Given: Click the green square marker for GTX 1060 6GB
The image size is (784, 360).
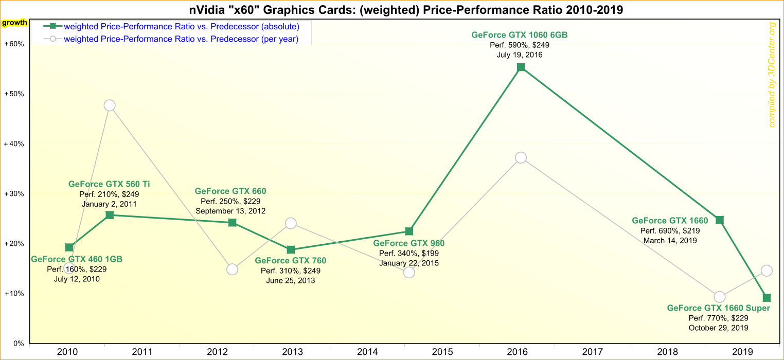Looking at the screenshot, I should (521, 67).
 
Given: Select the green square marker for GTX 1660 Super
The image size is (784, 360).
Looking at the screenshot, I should (767, 298).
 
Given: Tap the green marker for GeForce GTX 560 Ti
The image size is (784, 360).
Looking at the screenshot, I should (110, 215).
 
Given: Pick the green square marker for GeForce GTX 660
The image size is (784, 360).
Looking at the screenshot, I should (232, 223).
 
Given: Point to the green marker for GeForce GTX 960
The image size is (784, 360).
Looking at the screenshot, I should (409, 231).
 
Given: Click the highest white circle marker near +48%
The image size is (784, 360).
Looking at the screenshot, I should (110, 105).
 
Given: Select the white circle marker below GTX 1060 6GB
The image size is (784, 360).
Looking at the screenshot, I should (521, 158).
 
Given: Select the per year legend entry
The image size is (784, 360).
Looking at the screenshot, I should (181, 39).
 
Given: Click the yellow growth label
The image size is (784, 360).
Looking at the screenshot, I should (15, 23).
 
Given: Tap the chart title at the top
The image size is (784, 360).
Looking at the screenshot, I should (392, 10).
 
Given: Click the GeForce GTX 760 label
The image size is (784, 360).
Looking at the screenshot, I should (291, 261).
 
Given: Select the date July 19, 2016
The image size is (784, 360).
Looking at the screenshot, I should (520, 55).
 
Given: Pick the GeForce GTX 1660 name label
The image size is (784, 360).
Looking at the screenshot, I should (670, 221).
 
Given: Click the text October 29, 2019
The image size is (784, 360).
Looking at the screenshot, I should (719, 328).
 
